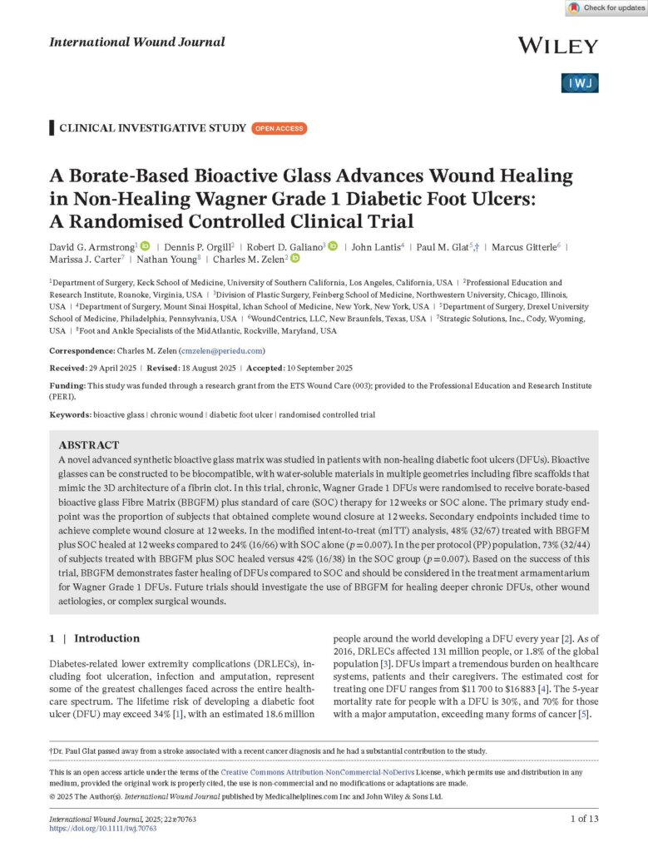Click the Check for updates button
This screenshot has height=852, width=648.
click(x=605, y=8)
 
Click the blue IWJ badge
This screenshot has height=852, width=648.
click(x=581, y=83)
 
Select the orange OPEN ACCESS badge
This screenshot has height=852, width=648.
click(x=280, y=128)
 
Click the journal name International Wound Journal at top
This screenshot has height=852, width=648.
click(x=137, y=42)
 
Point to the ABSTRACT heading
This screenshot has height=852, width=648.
click(x=89, y=445)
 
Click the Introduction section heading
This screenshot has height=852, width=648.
click(x=106, y=638)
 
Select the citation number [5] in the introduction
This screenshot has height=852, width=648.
click(x=585, y=713)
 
